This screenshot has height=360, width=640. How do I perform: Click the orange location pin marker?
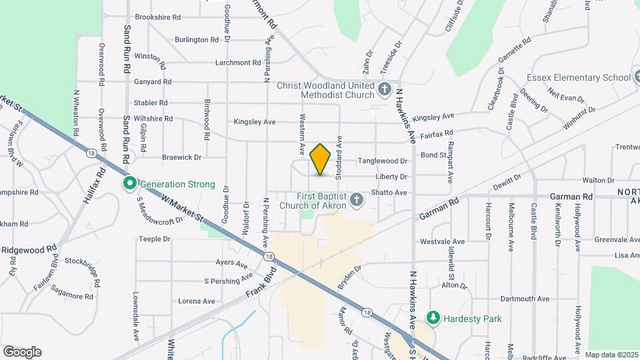point(321,159)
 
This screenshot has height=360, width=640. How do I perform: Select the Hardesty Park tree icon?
point(433,318)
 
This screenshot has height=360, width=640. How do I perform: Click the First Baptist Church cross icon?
point(357,199)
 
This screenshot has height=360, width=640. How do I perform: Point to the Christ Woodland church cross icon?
point(384,89)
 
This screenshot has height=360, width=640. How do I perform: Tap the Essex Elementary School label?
point(577,77)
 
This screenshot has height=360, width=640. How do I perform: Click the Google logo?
point(22,352)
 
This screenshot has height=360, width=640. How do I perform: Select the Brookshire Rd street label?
point(158,17)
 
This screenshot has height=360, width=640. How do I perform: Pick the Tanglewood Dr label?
point(383,161)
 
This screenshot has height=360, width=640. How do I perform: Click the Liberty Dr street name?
point(391,177)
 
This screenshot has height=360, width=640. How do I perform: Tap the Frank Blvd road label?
point(261,283)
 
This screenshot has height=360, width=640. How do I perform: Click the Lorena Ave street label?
point(197,301)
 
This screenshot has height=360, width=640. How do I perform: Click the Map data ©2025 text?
point(611,355)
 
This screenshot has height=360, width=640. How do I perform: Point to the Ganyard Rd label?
point(153,82)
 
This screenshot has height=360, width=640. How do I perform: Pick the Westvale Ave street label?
point(442,241)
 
